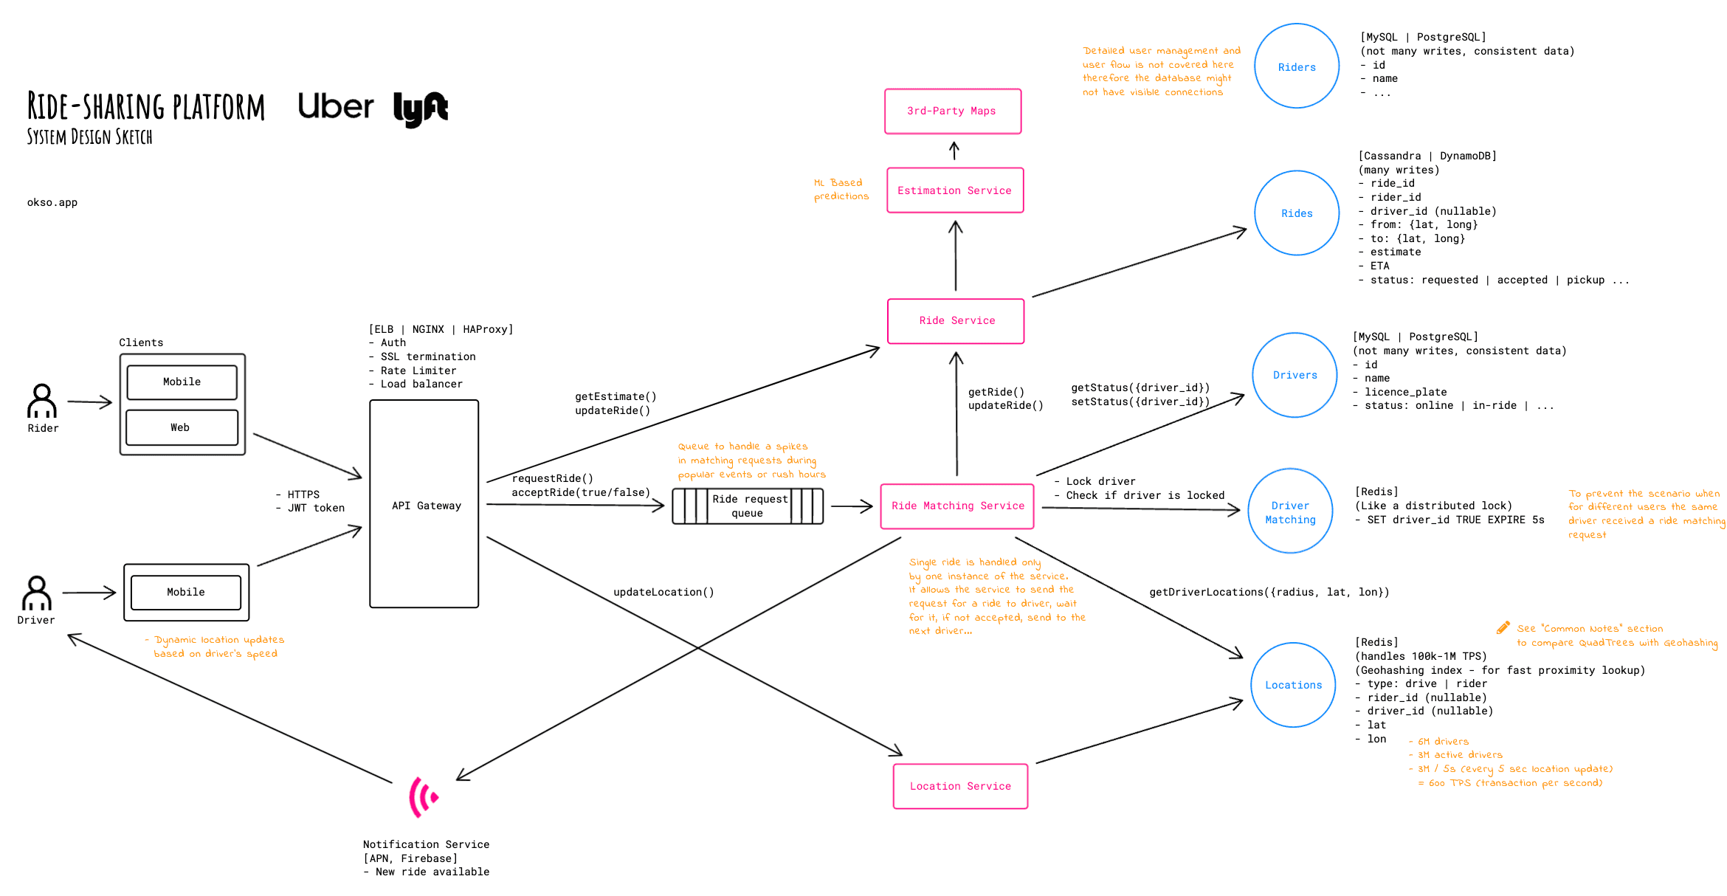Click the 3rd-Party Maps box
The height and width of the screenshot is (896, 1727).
[x=952, y=111]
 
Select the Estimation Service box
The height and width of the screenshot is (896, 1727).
[x=954, y=190]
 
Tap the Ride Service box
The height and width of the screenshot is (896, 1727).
[x=956, y=321]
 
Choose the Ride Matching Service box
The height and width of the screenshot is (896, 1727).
[x=957, y=506]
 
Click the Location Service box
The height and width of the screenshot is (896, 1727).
[x=960, y=786]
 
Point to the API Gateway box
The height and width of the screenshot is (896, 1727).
[x=424, y=504]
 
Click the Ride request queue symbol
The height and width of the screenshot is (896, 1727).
[x=747, y=506]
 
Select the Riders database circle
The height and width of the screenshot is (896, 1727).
[x=1296, y=66]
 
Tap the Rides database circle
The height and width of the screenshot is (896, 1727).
[x=1296, y=213]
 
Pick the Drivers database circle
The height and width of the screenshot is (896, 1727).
[x=1295, y=375]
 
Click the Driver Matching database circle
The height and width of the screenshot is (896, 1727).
[x=1290, y=511]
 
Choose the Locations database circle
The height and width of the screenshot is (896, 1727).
[x=1293, y=685]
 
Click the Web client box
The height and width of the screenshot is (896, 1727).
[x=182, y=427]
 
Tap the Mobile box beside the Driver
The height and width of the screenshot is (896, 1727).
[x=186, y=593]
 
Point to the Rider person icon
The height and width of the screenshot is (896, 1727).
[x=42, y=401]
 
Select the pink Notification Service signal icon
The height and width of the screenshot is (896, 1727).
[x=423, y=797]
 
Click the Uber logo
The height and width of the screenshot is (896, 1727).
[x=336, y=106]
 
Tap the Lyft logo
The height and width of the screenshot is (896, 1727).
[x=420, y=109]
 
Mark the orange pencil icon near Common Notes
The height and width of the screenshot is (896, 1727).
[x=1503, y=628]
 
